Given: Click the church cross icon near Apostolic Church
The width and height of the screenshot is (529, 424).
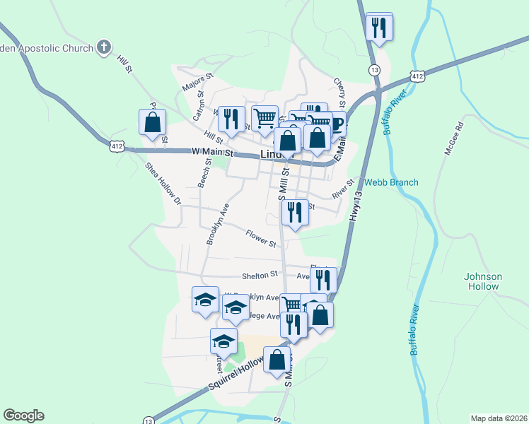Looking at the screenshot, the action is click(104, 48).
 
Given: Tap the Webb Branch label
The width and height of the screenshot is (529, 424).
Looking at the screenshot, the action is click(391, 182).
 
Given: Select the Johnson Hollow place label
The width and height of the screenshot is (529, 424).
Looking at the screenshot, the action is click(483, 281).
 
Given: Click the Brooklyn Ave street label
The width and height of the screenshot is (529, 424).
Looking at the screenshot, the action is click(219, 225).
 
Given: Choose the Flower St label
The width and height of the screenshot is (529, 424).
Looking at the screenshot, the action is click(261, 239).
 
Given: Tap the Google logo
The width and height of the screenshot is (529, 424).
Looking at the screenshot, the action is click(23, 416).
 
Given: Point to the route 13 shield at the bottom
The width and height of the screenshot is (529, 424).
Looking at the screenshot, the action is click(147, 420).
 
